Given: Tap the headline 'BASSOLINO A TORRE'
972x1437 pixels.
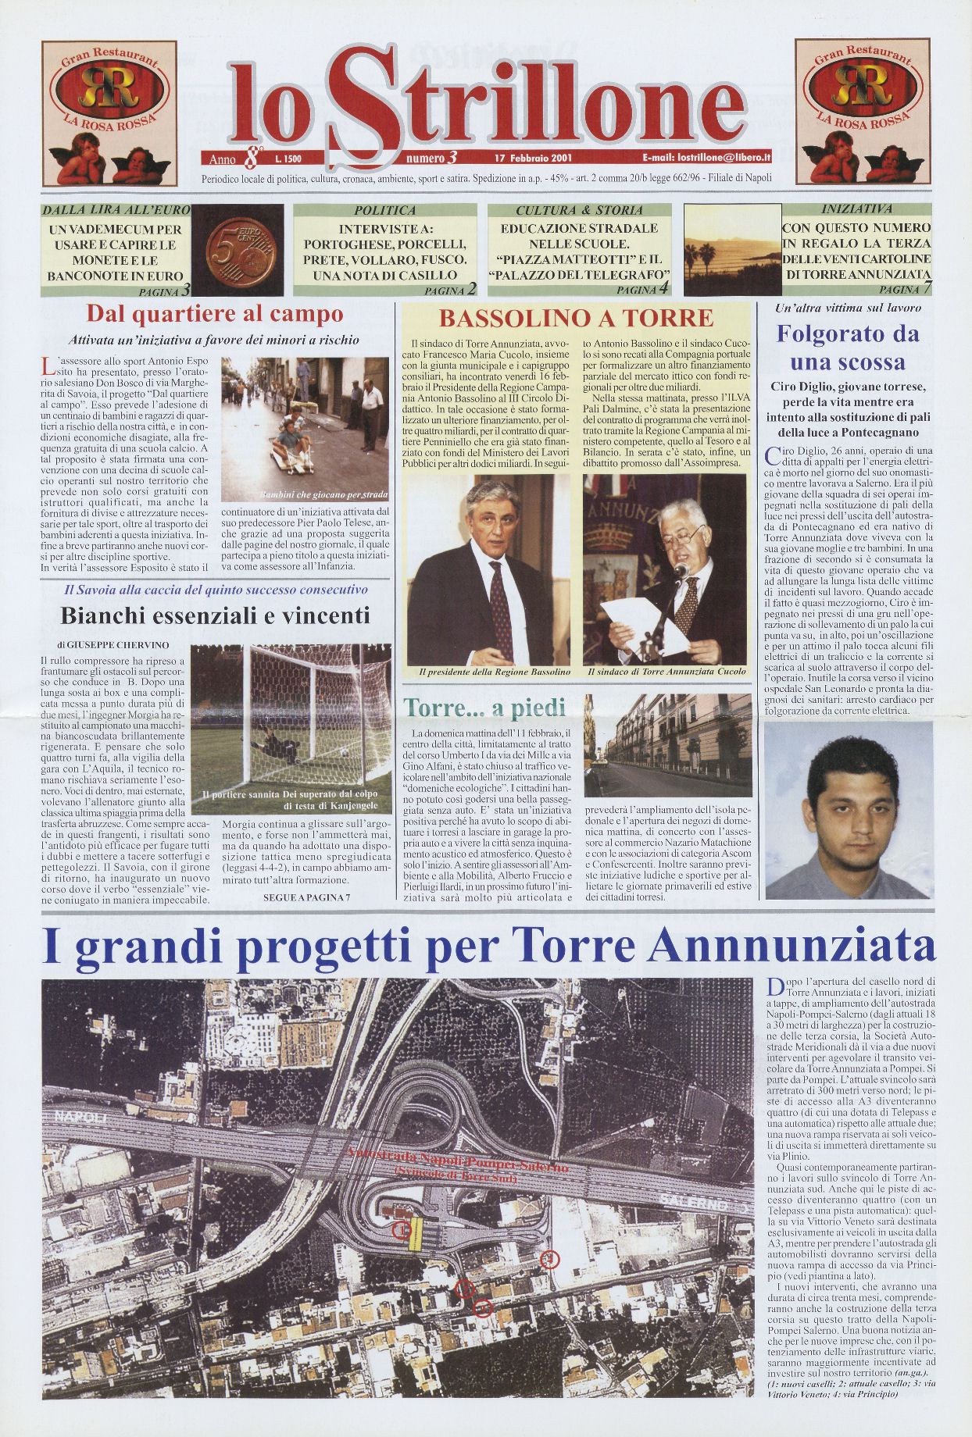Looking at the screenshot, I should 576,318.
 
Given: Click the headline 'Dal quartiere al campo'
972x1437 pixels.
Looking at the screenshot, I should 214,314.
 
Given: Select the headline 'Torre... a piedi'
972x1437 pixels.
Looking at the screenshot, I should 484,708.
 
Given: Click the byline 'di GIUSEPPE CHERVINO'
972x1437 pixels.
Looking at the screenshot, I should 112,646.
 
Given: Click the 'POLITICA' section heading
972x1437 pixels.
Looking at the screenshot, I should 384,210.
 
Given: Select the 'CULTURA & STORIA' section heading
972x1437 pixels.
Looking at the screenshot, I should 579,210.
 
